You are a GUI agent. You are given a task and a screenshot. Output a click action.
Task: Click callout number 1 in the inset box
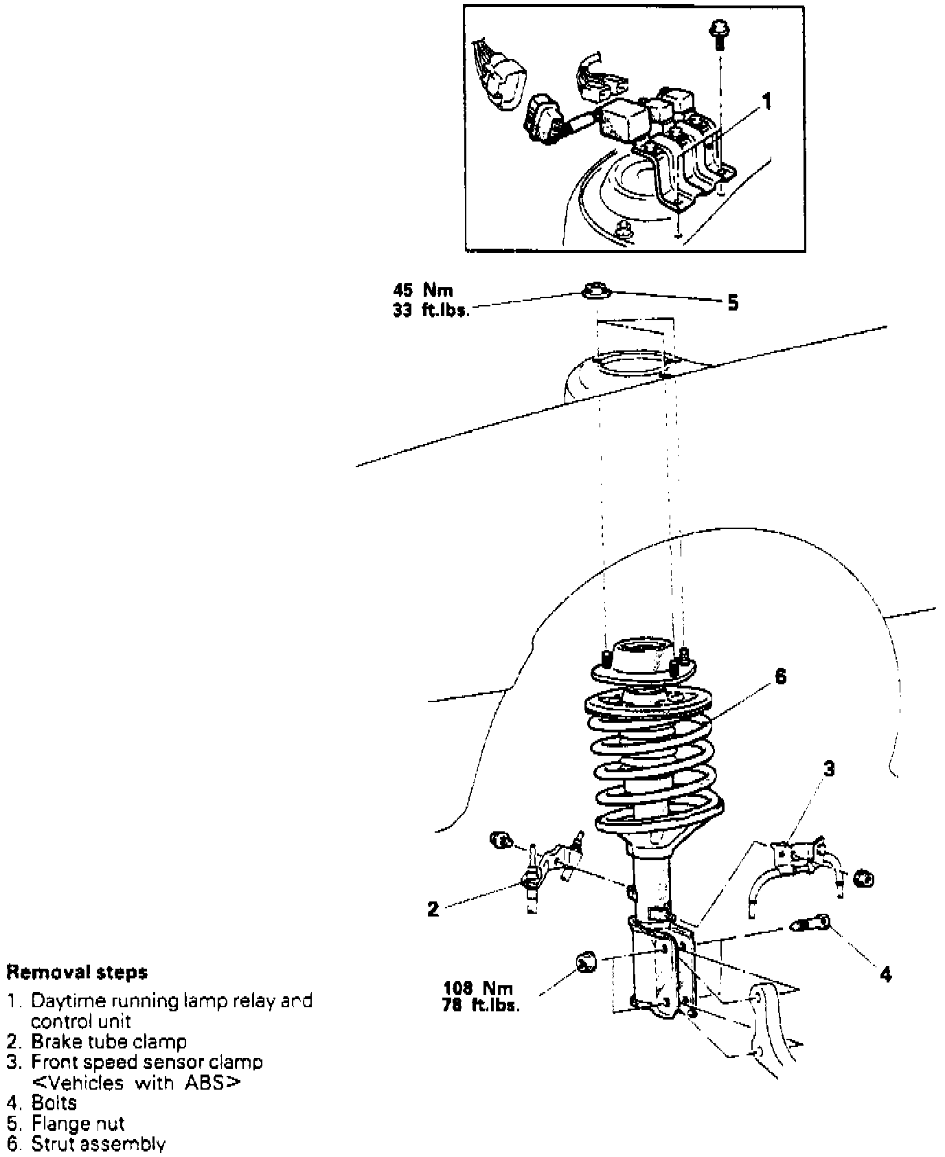(767, 102)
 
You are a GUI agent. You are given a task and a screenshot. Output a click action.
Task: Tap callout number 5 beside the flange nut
(733, 302)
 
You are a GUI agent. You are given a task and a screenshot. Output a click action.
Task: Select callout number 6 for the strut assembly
(780, 676)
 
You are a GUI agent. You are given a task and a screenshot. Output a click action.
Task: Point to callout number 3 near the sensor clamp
(829, 769)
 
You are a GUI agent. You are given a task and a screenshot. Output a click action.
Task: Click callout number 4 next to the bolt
(885, 974)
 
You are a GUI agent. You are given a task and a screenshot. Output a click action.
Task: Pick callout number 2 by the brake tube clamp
(433, 910)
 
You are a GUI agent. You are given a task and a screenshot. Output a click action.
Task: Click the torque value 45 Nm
(423, 291)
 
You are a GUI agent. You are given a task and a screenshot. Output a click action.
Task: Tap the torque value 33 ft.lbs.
(431, 310)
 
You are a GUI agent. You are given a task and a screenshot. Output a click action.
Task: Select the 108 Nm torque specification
(479, 989)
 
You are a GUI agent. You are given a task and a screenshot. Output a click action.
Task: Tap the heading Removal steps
(77, 972)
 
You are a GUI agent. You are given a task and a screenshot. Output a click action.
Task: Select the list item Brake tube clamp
(109, 1042)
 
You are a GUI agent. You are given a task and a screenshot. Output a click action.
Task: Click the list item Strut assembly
(98, 1144)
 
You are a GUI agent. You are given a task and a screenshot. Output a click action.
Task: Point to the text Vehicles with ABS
(137, 1083)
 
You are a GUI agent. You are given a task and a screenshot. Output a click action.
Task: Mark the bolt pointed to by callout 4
(812, 925)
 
